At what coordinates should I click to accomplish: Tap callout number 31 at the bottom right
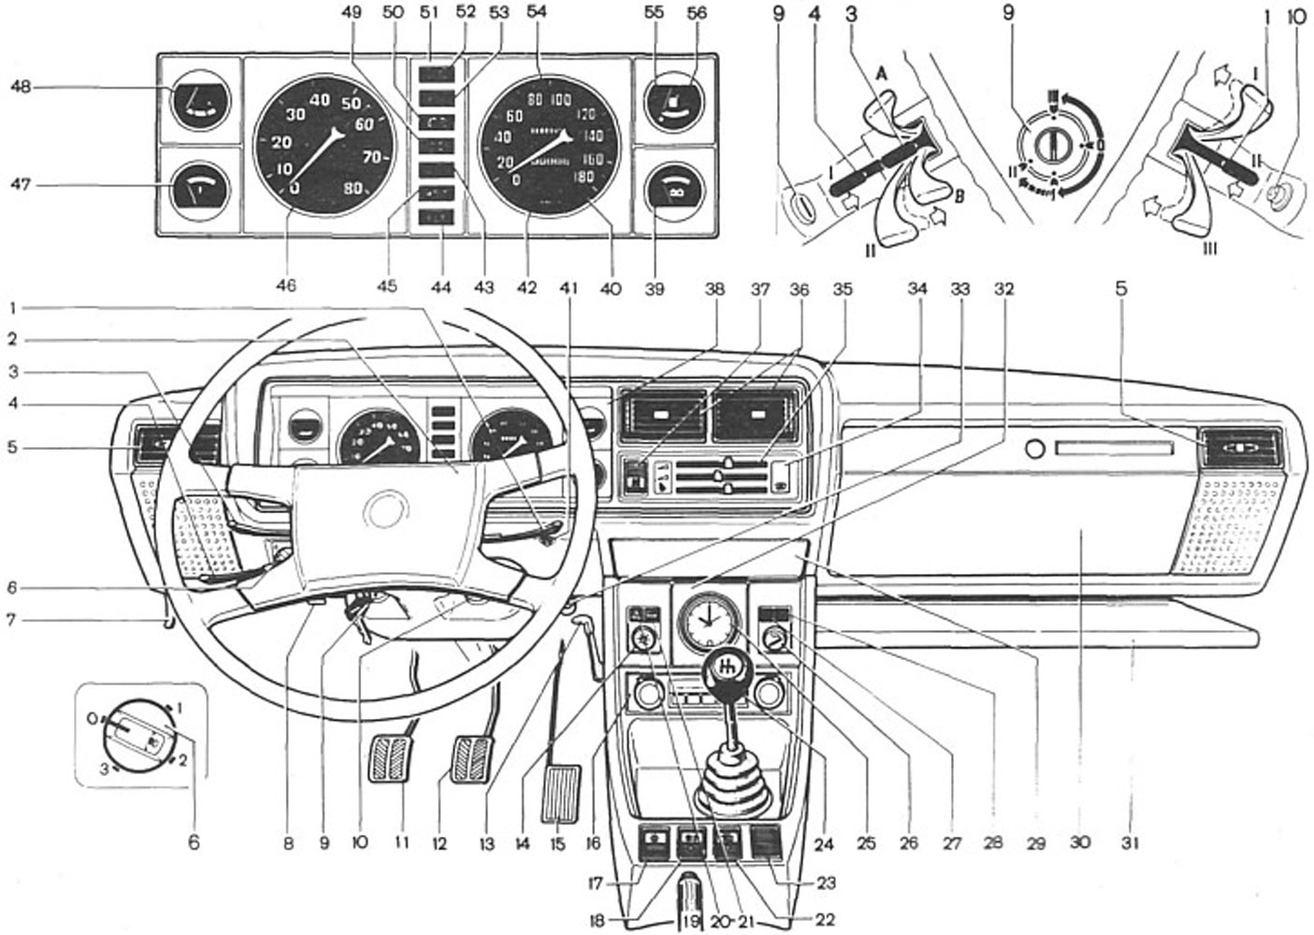[x=1131, y=843]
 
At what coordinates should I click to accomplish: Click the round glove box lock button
[x=1034, y=450]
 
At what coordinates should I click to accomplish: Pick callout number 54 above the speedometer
[x=537, y=14]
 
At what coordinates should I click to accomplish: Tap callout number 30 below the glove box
[x=1080, y=843]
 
